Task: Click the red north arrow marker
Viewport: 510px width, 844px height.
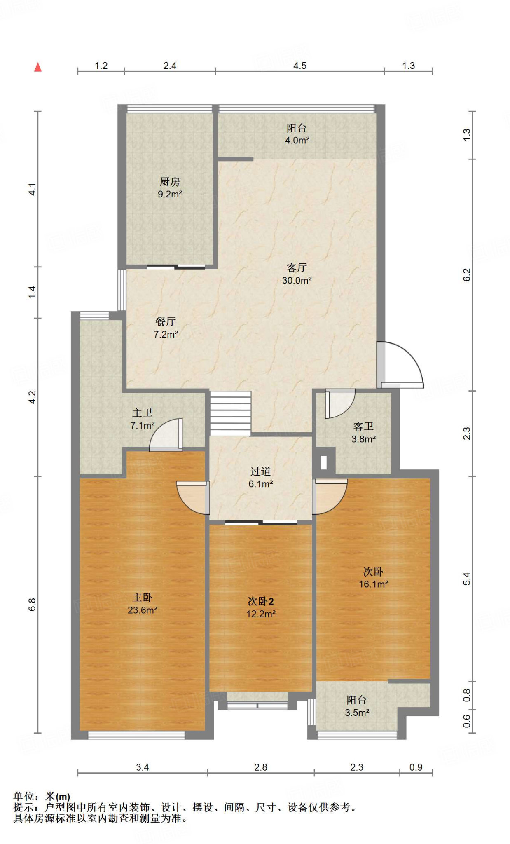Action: [x=38, y=67]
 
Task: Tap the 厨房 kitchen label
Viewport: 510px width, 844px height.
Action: [x=170, y=188]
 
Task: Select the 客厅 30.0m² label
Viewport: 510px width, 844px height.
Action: [x=297, y=274]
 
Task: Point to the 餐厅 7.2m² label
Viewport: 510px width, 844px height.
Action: [x=166, y=328]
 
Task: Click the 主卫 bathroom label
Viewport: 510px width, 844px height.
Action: [x=143, y=419]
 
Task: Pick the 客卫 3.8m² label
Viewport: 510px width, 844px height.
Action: [x=363, y=433]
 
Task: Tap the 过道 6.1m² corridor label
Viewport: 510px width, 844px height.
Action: [x=260, y=478]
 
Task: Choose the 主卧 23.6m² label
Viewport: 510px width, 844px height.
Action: [x=143, y=604]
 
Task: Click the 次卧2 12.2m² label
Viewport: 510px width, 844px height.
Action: [x=261, y=607]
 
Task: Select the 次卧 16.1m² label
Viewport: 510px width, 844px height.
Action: [x=373, y=578]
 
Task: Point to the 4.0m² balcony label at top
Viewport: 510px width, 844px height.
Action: [x=297, y=134]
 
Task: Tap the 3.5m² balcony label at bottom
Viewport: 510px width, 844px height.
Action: [x=357, y=706]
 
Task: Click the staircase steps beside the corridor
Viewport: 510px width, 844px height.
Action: [x=231, y=413]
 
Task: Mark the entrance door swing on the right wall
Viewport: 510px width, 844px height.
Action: [x=400, y=365]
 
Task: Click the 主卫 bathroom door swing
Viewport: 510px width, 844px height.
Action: [x=166, y=434]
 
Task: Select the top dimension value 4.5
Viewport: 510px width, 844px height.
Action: [x=300, y=66]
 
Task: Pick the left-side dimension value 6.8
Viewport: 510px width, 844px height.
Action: [x=32, y=605]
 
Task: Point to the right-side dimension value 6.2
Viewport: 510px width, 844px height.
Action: [x=466, y=275]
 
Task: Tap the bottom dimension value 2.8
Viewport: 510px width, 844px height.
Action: [x=260, y=767]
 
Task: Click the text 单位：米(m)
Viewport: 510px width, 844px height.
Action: [x=42, y=797]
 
